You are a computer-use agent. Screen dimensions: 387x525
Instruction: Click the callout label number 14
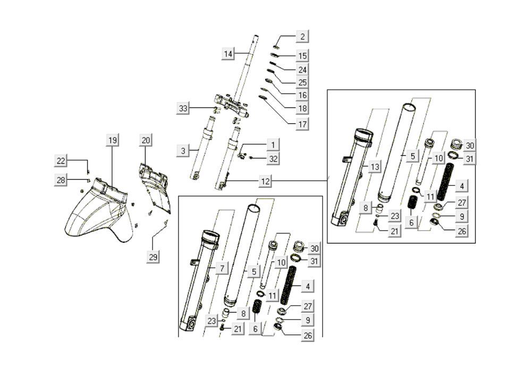(228, 54)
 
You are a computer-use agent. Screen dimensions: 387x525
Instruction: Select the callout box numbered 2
(302, 37)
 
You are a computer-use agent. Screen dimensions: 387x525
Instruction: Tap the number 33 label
(183, 108)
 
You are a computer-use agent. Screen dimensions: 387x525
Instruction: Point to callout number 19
(112, 140)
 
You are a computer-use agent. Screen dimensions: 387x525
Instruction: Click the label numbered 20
(146, 140)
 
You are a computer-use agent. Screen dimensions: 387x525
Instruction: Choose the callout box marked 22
(62, 161)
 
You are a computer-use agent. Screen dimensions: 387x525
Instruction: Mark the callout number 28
(62, 180)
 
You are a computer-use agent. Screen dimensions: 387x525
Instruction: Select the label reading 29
(153, 257)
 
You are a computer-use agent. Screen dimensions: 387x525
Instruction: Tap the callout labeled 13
(375, 167)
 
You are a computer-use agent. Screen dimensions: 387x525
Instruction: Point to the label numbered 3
(183, 151)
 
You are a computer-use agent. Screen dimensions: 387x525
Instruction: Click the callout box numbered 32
(273, 158)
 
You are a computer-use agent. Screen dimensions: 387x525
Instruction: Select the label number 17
(302, 124)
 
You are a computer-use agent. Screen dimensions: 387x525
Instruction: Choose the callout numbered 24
(302, 69)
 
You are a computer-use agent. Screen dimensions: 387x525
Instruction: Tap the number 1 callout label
(273, 145)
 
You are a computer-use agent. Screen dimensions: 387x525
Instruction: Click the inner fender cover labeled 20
(154, 183)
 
